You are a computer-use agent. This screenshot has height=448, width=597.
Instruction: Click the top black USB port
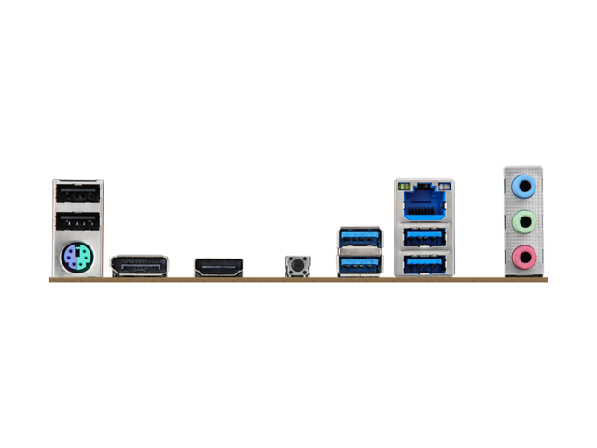coord(76,193)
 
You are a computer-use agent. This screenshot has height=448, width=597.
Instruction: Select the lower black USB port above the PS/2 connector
coord(76,222)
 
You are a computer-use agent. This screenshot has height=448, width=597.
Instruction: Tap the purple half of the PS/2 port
coord(70,257)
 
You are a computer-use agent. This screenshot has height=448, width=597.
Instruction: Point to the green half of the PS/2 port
coord(84,257)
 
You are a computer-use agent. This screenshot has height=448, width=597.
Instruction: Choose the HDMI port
coord(218,268)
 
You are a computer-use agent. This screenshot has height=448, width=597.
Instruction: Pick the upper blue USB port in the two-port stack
coord(359,237)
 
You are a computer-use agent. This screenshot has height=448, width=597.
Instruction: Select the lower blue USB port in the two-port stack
coord(359,265)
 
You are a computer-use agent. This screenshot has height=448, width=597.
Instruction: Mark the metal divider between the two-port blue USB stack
coord(359,251)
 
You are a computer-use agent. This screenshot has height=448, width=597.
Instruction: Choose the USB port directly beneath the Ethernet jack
coord(424,237)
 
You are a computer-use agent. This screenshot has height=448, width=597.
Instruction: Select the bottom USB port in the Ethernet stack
coord(424,264)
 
